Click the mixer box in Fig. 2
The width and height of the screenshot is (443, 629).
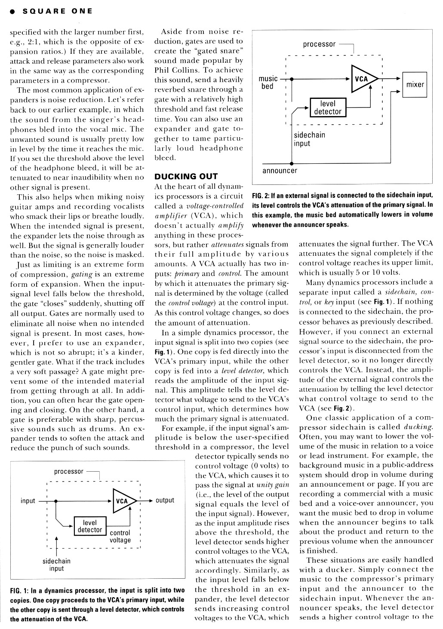415,84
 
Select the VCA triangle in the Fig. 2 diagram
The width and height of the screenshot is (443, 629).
362,79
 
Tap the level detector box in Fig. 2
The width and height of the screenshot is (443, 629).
328,107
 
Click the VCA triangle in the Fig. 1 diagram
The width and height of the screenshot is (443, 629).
123,501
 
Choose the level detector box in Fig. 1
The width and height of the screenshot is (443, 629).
89,526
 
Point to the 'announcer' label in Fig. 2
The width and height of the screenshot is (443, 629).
280,171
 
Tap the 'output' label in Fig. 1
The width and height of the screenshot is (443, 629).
165,500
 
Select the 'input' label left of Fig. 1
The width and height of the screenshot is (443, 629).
28,501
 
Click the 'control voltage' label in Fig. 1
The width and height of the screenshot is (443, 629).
120,537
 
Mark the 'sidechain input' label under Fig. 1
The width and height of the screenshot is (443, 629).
56,565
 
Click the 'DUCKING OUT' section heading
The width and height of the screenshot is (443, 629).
186,176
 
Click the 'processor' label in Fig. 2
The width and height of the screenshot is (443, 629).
319,44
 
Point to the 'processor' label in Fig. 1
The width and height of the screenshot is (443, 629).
69,472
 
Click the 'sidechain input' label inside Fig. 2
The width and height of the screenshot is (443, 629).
309,139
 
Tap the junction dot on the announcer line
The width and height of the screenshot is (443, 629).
292,163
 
